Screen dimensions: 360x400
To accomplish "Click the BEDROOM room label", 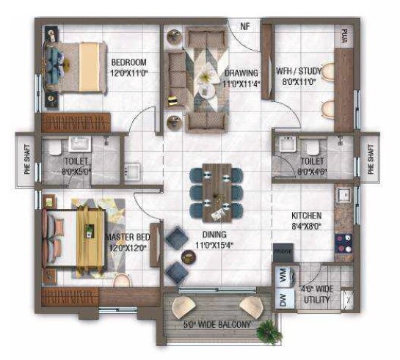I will [x=129, y=62].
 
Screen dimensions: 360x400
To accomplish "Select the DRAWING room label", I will [x=241, y=73].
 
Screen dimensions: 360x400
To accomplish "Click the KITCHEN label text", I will [x=305, y=216].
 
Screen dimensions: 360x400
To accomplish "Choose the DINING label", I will [x=216, y=235].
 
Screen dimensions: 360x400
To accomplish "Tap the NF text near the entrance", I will [x=244, y=26].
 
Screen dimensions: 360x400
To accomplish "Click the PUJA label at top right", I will [x=343, y=36].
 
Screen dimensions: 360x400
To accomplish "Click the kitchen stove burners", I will [x=343, y=243].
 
